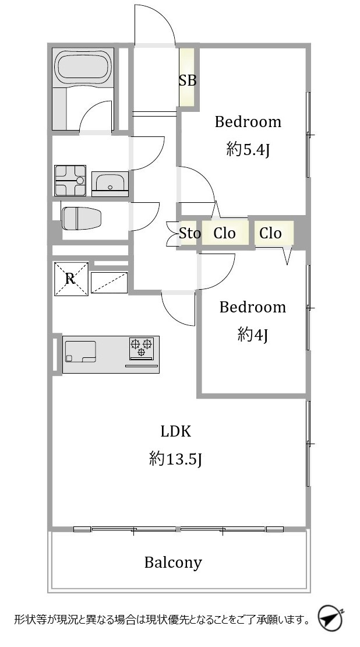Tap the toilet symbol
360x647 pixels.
click(81, 217)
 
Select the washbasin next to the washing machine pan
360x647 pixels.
click(110, 184)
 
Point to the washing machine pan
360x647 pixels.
click(70, 180)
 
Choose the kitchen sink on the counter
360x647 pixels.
click(80, 351)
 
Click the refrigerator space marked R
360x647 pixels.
click(71, 279)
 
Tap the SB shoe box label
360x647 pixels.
click(187, 80)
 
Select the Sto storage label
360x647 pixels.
click(190, 234)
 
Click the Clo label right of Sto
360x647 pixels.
click(224, 234)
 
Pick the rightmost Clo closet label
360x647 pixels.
click(270, 234)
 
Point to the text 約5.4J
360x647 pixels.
click(248, 150)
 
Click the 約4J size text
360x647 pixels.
click(253, 335)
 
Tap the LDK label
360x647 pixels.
click(176, 431)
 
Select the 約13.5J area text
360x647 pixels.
click(176, 458)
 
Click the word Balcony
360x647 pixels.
click(173, 562)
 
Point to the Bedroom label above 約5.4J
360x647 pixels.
click(248, 122)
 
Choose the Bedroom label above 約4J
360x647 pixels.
click(252, 307)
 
